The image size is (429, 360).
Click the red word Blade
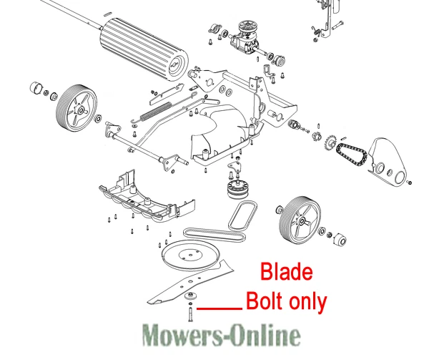[286, 273]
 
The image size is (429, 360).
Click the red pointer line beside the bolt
[219, 308]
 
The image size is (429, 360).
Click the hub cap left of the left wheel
[34, 89]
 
